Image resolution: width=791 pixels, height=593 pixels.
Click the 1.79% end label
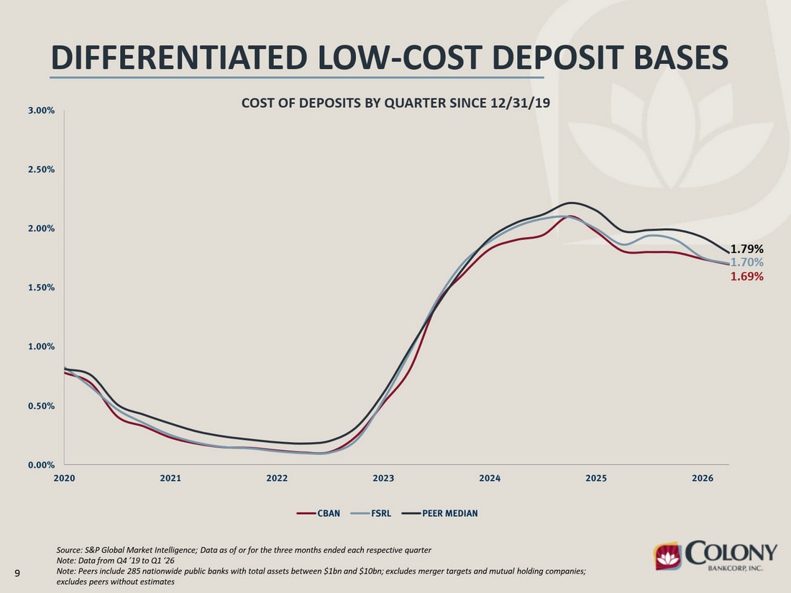[746, 249]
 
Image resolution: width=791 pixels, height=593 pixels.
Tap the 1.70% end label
[746, 262]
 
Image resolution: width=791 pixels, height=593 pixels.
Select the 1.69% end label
[746, 276]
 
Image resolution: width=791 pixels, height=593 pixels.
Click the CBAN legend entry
[319, 513]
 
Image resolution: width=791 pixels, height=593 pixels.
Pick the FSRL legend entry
[371, 513]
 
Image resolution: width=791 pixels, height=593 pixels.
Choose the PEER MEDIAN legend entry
[439, 513]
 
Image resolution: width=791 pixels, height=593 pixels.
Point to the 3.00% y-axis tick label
[42, 111]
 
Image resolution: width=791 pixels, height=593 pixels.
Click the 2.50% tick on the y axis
[42, 170]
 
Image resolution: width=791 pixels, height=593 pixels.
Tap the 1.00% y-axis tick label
[42, 346]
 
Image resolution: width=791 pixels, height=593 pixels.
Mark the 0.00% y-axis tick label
[42, 465]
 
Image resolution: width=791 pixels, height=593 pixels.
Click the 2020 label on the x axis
[64, 478]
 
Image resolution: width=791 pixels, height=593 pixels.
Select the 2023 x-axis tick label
[383, 478]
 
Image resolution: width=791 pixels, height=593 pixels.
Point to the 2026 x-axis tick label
[703, 478]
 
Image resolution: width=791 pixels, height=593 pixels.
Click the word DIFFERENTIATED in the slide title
[179, 57]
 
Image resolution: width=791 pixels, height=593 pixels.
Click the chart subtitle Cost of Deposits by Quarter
[395, 103]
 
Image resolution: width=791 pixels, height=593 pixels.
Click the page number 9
[17, 573]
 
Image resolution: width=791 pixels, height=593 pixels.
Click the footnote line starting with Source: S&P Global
[244, 550]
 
